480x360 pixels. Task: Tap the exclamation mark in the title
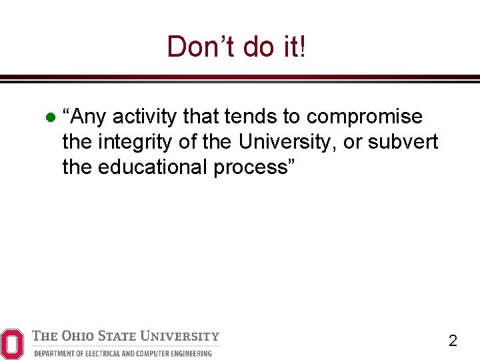tap(303, 47)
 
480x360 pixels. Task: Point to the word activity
tap(145, 117)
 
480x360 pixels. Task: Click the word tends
tap(251, 117)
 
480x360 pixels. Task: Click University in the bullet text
tap(287, 141)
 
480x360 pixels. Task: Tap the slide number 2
tap(453, 341)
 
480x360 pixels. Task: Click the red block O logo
tap(12, 343)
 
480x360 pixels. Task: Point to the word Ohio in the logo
tap(79, 336)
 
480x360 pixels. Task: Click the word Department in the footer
tap(56, 353)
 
